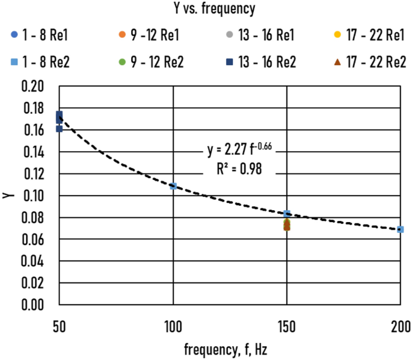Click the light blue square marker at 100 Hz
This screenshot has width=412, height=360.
(x=173, y=186)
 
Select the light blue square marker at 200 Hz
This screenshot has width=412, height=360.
(x=401, y=229)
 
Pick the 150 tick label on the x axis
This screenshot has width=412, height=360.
(x=287, y=328)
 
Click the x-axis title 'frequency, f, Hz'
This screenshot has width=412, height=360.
(x=230, y=350)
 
